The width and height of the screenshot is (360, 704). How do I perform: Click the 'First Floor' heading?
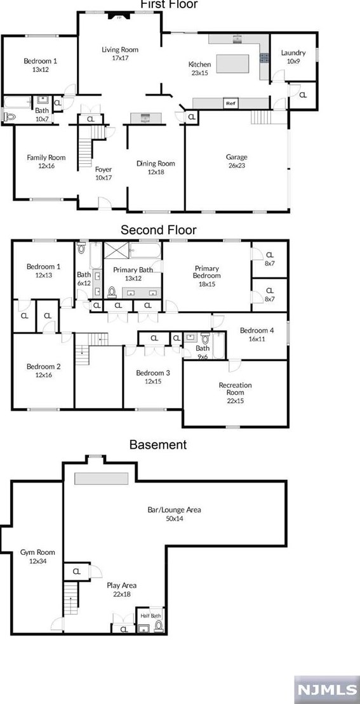[x=168, y=4]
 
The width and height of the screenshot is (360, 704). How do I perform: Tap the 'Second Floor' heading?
[x=158, y=230]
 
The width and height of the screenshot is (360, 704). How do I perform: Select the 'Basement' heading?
[x=157, y=444]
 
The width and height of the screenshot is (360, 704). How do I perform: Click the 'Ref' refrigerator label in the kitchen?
[x=230, y=103]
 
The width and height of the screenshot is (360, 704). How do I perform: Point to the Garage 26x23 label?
[x=236, y=161]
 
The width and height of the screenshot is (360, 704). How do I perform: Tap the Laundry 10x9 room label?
[x=293, y=57]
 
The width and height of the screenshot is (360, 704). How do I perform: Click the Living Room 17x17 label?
[x=120, y=53]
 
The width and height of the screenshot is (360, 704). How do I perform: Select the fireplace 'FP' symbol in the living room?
[x=119, y=18]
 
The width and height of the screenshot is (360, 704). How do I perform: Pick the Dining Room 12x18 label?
[x=156, y=167]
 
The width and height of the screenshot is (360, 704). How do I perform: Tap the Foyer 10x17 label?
[x=103, y=173]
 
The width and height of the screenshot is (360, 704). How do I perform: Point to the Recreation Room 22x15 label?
[x=235, y=389]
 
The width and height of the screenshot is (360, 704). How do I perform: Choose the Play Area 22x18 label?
[x=121, y=589]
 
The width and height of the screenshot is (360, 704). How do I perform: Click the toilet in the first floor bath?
[x=8, y=116]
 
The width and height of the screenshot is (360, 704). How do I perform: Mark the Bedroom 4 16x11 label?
[x=257, y=335]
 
